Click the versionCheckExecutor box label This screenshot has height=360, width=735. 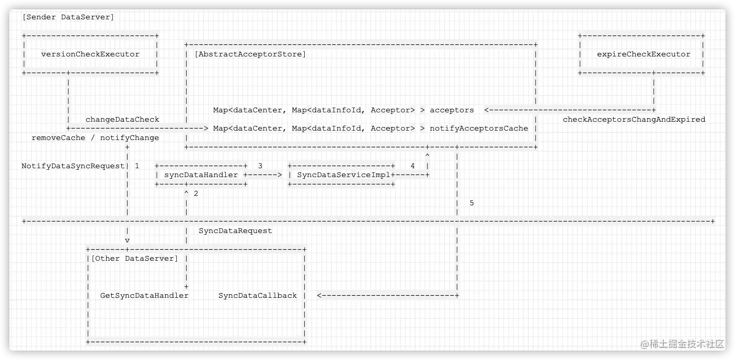tap(90, 54)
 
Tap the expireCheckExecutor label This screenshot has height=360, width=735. tap(644, 54)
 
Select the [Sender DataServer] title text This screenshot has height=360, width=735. tap(68, 17)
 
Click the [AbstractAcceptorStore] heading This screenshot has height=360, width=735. tap(250, 54)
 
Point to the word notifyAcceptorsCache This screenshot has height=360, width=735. tap(479, 129)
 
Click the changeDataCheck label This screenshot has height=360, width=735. tap(122, 120)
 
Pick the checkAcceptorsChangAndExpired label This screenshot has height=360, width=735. tap(634, 120)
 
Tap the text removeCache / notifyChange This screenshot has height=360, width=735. tap(95, 138)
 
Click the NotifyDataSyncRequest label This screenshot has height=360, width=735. tap(73, 166)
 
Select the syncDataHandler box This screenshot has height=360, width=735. tap(201, 175)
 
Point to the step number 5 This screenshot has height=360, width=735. tap(472, 203)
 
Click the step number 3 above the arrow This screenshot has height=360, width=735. tap(260, 166)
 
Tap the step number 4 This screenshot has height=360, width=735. tap(412, 166)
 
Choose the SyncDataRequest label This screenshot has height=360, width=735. tap(235, 231)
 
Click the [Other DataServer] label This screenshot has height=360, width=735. tap(134, 259)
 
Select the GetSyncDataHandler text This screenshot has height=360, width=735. tap(144, 296)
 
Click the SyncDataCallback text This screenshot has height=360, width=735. tap(258, 296)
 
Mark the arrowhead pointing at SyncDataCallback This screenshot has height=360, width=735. tap(320, 296)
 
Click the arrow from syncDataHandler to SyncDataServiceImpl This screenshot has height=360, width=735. tap(265, 175)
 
